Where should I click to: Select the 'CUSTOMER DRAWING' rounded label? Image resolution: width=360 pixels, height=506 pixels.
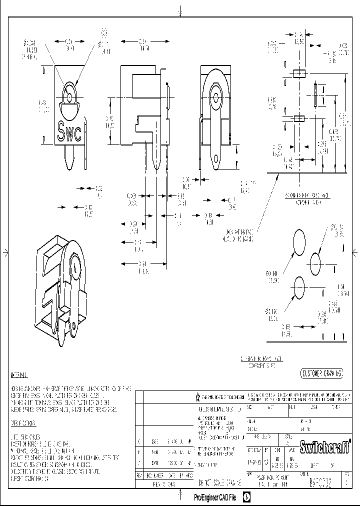(321, 373)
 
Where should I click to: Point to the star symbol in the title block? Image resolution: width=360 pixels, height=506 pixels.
(197, 397)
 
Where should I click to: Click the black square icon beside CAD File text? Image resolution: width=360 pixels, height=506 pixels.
(246, 497)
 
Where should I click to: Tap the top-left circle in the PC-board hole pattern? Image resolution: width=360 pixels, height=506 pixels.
(299, 242)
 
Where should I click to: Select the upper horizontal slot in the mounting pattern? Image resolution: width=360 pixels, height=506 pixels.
(299, 74)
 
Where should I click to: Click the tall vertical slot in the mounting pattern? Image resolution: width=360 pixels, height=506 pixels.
(316, 95)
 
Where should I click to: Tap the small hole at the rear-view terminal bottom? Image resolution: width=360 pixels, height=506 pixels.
(216, 160)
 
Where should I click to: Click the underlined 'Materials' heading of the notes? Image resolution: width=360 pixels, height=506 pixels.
(19, 375)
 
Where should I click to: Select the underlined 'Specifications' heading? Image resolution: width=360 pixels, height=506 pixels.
(22, 423)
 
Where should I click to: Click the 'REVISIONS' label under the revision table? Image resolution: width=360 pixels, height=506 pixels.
(163, 484)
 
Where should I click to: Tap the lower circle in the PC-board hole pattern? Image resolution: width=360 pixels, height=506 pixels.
(299, 287)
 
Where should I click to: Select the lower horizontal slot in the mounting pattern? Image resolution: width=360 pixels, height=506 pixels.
(299, 118)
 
